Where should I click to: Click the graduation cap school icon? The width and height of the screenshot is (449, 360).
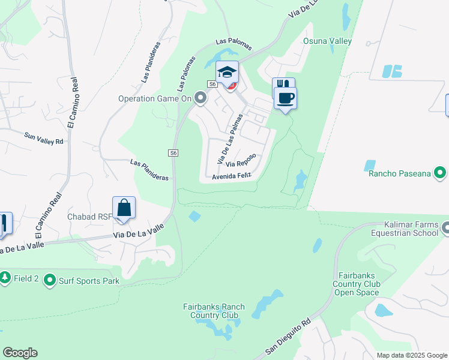pos(227,73)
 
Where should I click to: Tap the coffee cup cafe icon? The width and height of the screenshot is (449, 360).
pos(286,97)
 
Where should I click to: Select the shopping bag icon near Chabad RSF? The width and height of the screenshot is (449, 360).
pos(124,208)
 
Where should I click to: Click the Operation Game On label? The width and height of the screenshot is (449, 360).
pos(154,98)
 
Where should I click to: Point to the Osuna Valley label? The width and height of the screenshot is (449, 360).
pos(327,41)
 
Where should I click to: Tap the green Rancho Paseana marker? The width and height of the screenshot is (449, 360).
pos(439,173)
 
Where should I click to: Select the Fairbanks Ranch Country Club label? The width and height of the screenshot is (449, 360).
pos(214,311)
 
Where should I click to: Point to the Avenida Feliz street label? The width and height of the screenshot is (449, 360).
pos(231,176)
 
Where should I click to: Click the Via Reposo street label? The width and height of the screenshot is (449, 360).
pos(241,160)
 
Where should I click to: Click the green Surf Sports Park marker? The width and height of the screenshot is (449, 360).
pos(49,280)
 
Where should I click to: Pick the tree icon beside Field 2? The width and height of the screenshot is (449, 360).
pos(5,277)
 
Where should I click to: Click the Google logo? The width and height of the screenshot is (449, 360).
pos(20,353)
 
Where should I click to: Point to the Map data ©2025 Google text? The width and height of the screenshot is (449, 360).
pos(411,355)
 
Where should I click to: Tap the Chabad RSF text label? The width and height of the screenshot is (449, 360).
pos(90,217)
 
